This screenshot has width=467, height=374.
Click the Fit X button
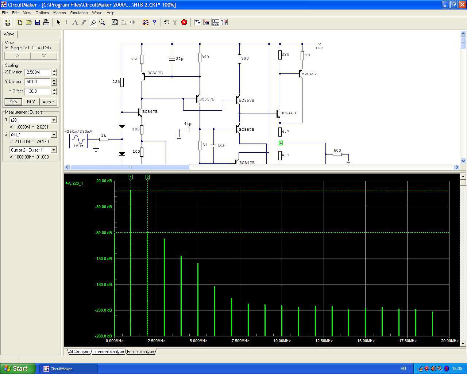point(13,102)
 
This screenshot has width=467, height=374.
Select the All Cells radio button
point(34,48)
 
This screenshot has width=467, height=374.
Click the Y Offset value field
point(38,91)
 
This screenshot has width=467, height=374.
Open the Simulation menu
point(79,13)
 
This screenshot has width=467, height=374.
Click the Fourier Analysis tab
point(140,352)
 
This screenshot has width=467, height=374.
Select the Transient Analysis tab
point(108,352)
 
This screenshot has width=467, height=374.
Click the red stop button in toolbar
point(184,22)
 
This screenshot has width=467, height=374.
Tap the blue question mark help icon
point(154,22)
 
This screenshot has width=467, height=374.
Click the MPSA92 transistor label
point(309,74)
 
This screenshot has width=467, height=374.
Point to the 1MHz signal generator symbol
point(78,141)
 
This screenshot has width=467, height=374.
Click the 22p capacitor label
point(180,59)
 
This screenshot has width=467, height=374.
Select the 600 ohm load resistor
point(337,154)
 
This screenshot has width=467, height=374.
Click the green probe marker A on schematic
point(281,143)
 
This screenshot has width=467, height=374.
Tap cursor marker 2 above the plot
point(147,178)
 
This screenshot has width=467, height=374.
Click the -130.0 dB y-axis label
point(103,259)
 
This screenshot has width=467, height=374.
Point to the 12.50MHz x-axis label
point(324,341)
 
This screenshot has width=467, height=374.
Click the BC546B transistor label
point(288,113)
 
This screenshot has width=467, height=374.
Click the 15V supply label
point(319,48)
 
